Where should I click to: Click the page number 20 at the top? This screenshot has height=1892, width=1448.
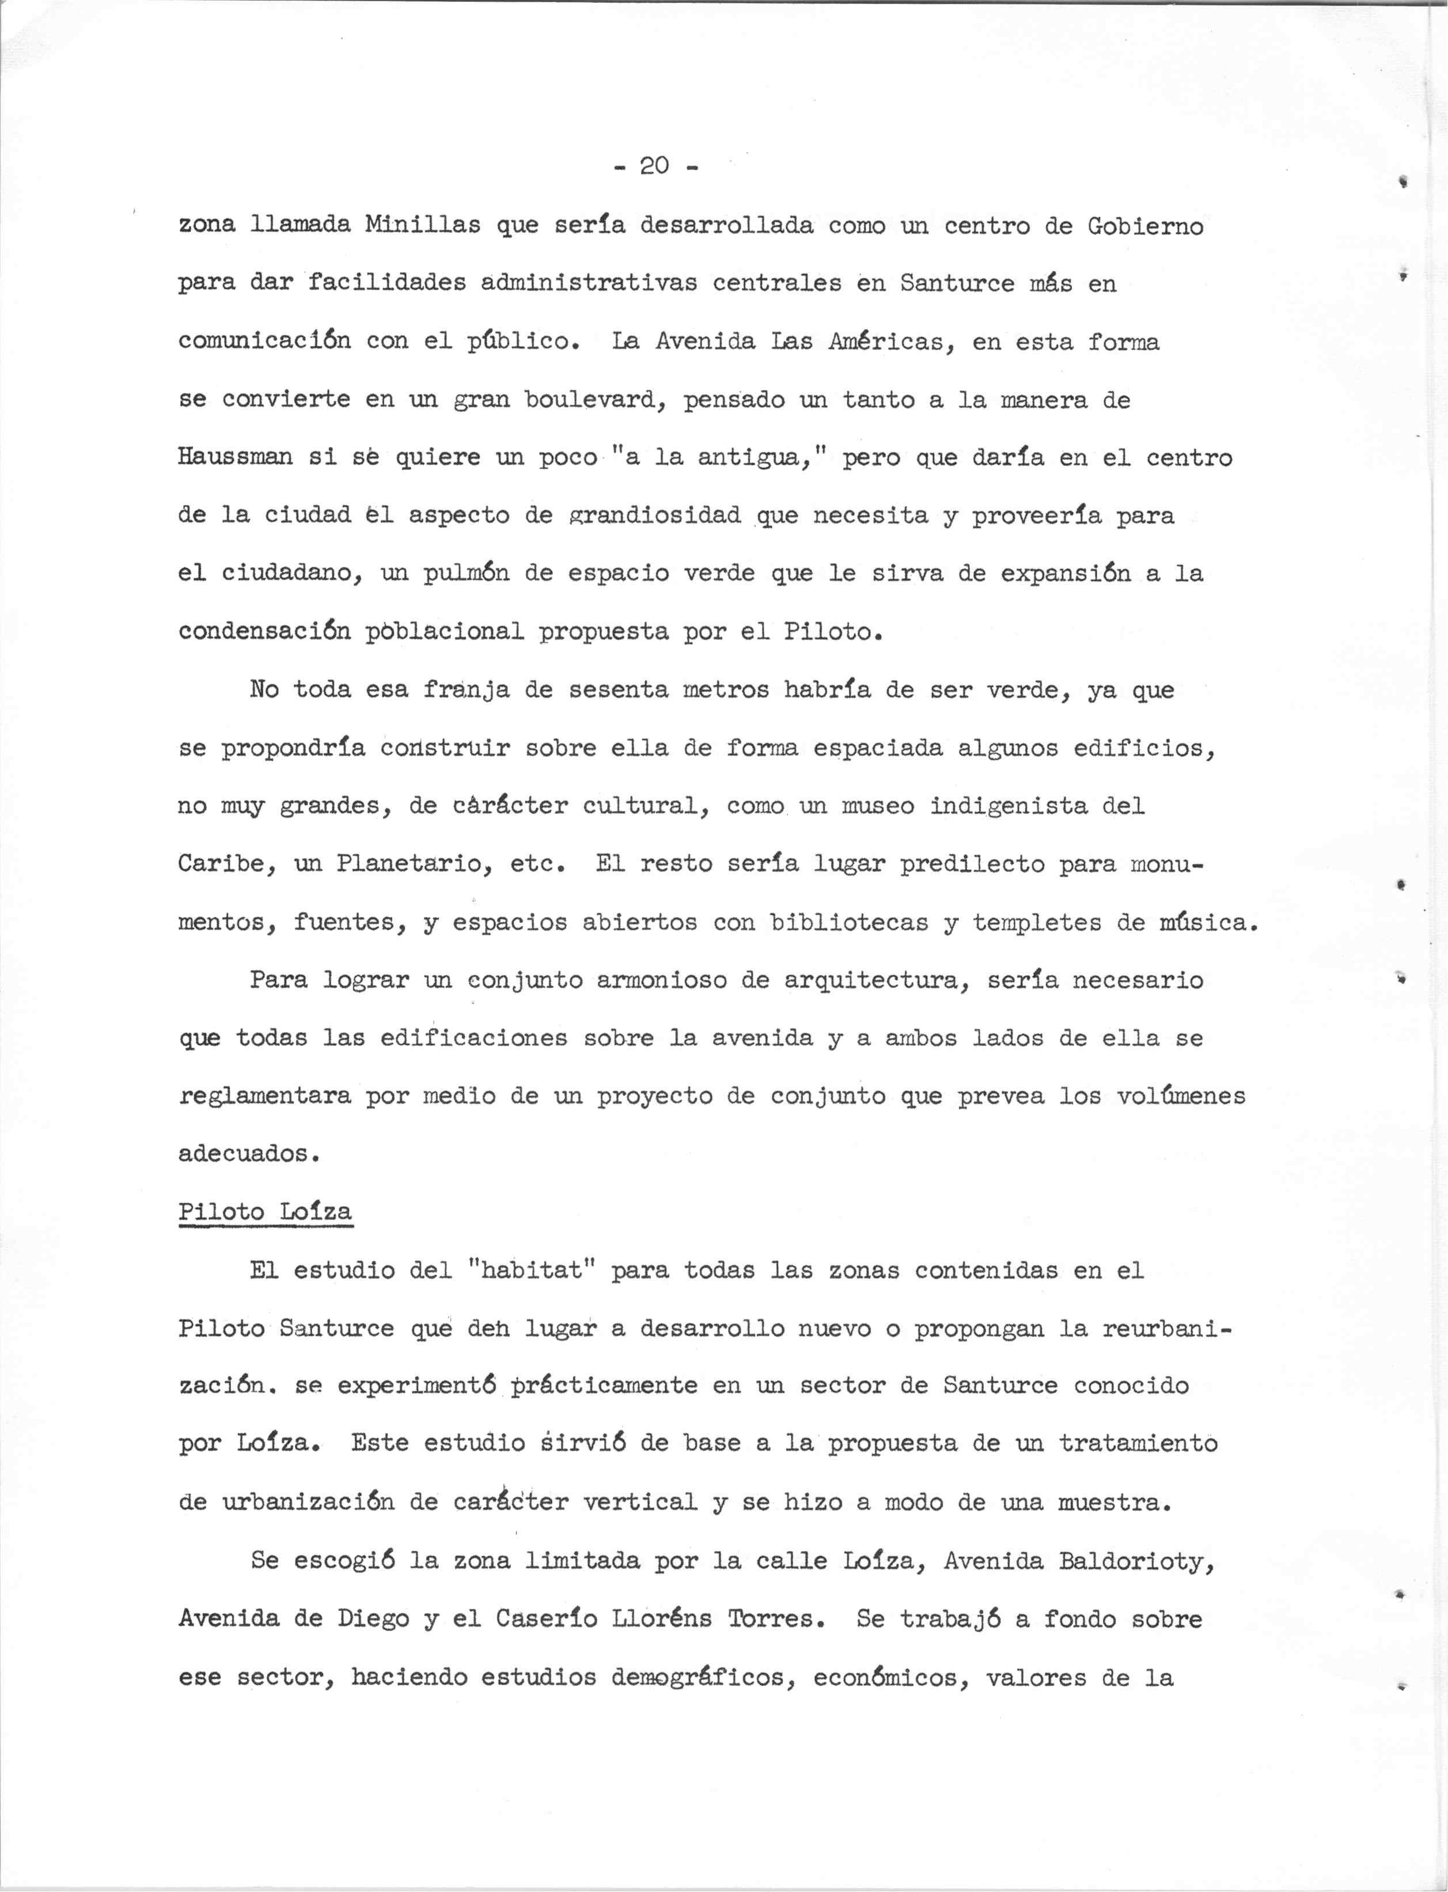(655, 165)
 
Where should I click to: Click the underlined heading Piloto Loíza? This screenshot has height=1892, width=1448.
(264, 1212)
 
